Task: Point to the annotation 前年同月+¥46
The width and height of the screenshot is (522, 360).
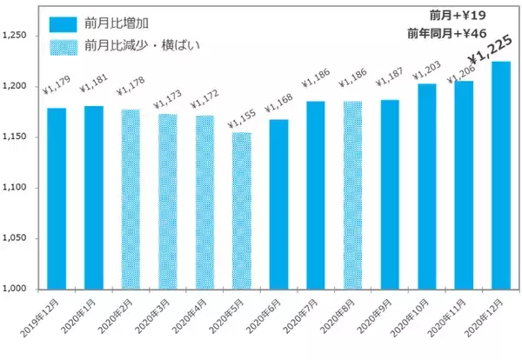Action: click(445, 34)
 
